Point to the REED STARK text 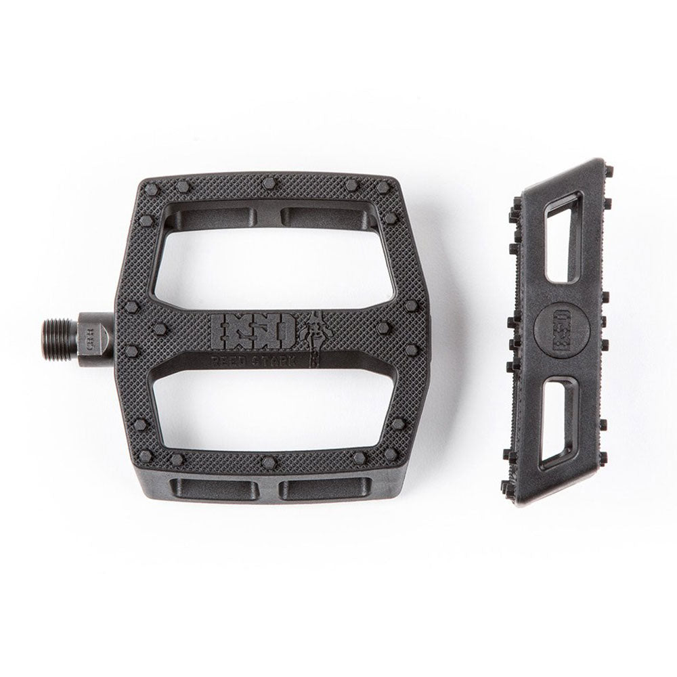pos(253,361)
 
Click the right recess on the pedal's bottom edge pos(326,487)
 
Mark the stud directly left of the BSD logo pos(160,330)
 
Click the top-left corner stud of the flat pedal pos(152,189)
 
